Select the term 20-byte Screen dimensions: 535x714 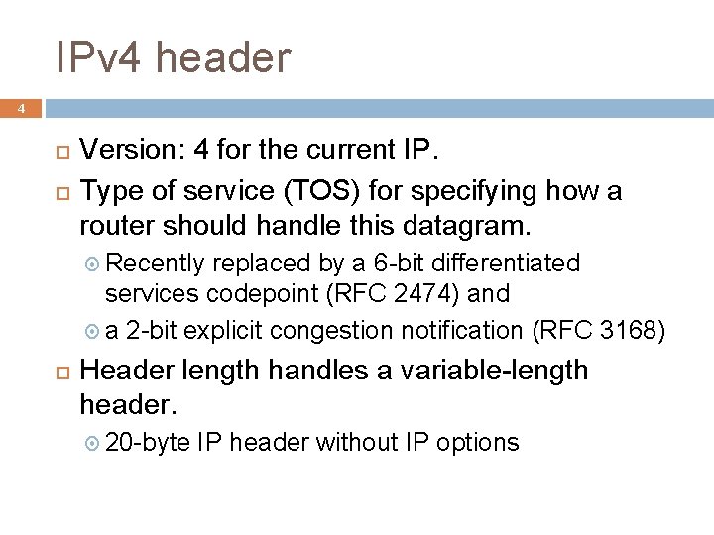(x=145, y=442)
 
